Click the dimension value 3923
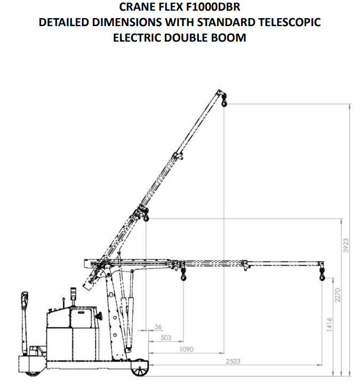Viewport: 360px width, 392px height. point(346,245)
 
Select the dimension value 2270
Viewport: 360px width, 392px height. point(338,295)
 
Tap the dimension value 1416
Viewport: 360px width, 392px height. point(329,325)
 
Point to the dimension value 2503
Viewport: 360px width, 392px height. point(233,361)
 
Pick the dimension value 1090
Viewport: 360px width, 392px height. point(186,349)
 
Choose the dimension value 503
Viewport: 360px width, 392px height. point(166,338)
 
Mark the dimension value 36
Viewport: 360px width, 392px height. point(158,327)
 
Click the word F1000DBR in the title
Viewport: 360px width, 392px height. point(213,7)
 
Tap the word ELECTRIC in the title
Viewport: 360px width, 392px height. point(137,38)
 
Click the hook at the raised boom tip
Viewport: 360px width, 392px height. point(224,100)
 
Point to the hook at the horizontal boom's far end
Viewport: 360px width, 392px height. point(322,274)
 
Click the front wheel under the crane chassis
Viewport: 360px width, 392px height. point(139,369)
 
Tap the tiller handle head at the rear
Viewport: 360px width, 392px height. point(25,300)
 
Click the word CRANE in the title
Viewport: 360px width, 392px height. point(134,7)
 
